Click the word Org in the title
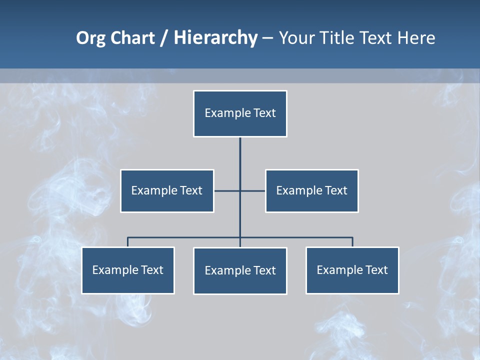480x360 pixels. [x=90, y=38]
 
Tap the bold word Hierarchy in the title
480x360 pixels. [x=215, y=38]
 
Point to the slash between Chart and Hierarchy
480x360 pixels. [x=164, y=38]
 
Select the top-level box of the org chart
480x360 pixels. [x=240, y=113]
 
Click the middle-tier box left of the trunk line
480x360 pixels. [x=167, y=190]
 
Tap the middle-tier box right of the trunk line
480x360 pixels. [x=312, y=190]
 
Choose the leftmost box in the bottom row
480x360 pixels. [x=128, y=270]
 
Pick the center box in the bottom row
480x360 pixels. [x=240, y=270]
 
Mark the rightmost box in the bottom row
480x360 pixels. [x=352, y=270]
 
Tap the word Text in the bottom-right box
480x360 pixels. [x=376, y=270]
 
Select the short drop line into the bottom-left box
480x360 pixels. [x=128, y=242]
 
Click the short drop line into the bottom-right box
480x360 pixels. [x=352, y=242]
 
